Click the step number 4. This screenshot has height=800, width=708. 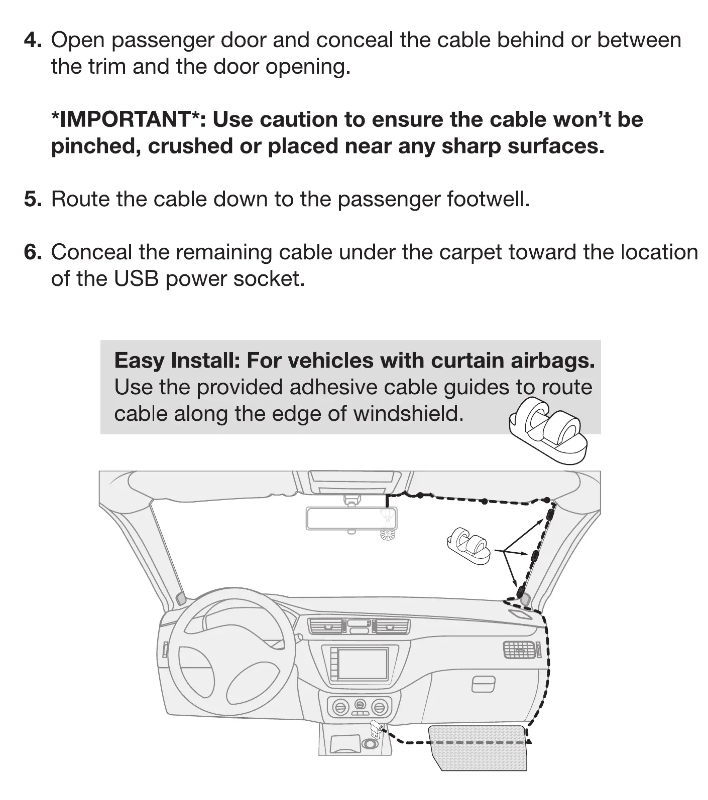(33, 40)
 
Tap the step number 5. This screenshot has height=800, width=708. (33, 200)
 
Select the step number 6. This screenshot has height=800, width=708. (33, 252)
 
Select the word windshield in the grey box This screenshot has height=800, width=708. (407, 414)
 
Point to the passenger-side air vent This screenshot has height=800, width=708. (520, 650)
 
